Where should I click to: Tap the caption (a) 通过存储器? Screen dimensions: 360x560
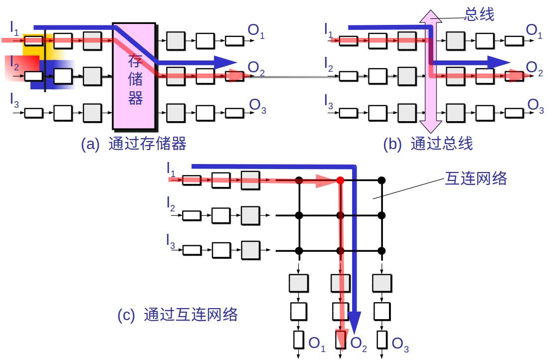[x=134, y=144]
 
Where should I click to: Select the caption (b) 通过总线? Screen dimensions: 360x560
[x=428, y=144]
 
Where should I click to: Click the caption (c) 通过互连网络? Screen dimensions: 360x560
[x=178, y=315]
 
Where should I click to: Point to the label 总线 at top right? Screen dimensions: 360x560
[x=479, y=15]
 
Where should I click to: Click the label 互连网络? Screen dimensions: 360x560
[x=475, y=179]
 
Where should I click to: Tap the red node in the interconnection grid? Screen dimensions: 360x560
[x=341, y=180]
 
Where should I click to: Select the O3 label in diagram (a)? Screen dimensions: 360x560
[x=257, y=106]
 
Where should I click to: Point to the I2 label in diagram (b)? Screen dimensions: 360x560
[x=329, y=65]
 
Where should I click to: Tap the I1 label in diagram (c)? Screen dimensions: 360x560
[x=171, y=170]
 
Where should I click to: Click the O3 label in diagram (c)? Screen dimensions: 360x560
[x=400, y=344]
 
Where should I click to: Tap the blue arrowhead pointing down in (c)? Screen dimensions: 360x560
[x=354, y=322]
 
